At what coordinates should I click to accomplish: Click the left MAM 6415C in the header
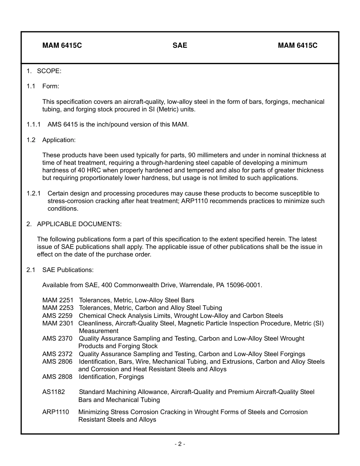click(x=62, y=45)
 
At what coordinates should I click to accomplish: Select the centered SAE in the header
click(x=180, y=45)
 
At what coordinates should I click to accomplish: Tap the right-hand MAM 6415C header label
click(x=297, y=45)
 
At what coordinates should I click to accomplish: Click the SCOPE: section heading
click(x=49, y=71)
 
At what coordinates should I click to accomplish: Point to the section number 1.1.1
click(x=34, y=124)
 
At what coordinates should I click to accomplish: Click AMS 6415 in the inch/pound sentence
click(x=62, y=124)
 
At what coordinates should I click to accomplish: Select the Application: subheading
click(x=59, y=140)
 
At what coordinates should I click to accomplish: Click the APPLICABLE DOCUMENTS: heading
click(x=79, y=224)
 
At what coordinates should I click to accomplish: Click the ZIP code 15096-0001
click(x=244, y=285)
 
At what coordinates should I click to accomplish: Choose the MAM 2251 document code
click(x=58, y=300)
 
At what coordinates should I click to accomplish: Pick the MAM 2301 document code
click(x=58, y=323)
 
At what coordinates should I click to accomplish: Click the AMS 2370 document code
click(x=57, y=338)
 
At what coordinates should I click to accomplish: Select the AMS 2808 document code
click(x=57, y=377)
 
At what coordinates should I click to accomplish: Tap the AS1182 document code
click(x=53, y=392)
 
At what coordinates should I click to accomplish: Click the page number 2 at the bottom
click(x=180, y=444)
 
